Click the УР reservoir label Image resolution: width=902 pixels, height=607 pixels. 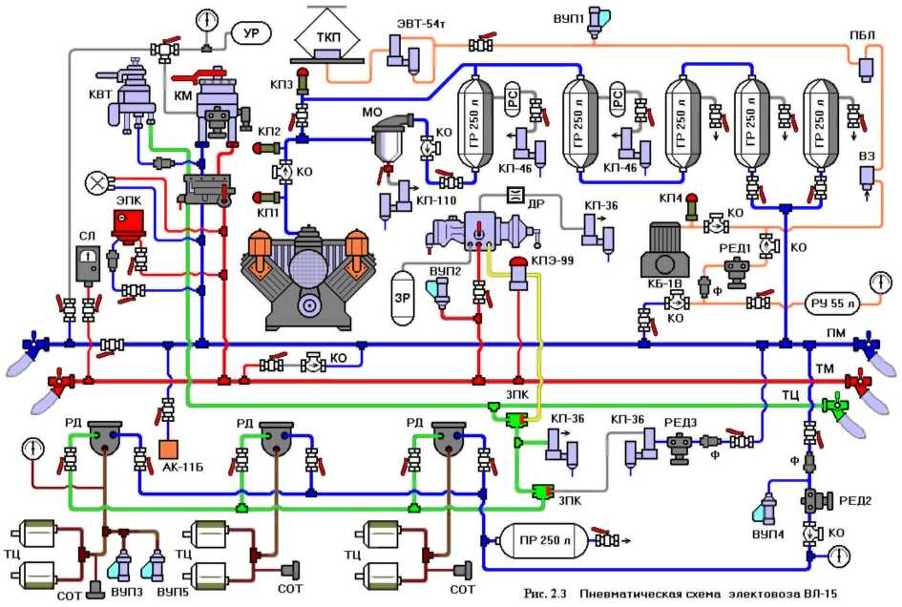pos(251,34)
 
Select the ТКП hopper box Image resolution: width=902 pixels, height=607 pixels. pos(325,37)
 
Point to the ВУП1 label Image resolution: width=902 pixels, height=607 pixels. pos(569,18)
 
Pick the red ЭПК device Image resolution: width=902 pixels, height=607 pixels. pos(125,224)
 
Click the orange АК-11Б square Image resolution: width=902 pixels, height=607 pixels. pos(169,448)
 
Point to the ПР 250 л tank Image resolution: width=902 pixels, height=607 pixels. pos(539,539)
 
